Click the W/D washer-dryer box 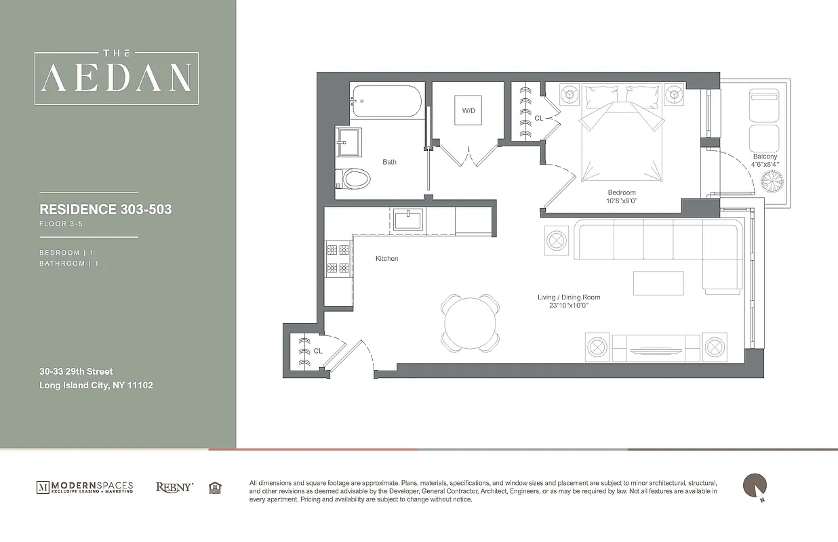(468, 110)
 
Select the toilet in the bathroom (355, 179)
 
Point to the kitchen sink (408, 220)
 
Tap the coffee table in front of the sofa (658, 283)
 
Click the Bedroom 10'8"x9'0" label (621, 196)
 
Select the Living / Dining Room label (568, 301)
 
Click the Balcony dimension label (765, 161)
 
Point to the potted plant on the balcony (771, 182)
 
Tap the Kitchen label (386, 259)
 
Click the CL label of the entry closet (317, 351)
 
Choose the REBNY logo (174, 487)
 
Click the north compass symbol (755, 486)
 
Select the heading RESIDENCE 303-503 (106, 209)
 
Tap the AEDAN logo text (117, 79)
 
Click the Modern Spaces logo (85, 487)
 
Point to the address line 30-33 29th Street (76, 371)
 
